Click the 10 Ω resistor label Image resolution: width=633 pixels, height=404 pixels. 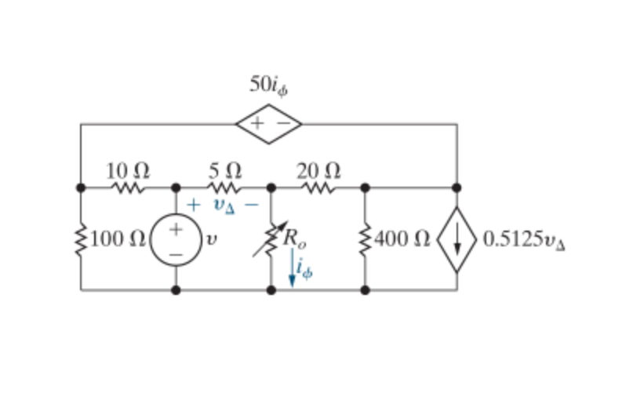tap(128, 171)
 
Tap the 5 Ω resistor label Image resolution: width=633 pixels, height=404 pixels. tap(225, 171)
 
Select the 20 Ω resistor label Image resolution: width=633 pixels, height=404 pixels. tap(318, 171)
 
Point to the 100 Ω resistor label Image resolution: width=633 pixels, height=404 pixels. tap(118, 239)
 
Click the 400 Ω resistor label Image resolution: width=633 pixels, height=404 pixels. tap(402, 239)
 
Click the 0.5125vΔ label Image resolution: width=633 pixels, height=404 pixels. tap(524, 240)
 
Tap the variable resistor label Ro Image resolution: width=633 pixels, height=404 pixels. tap(295, 239)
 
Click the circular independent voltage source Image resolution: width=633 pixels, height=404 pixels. tap(176, 240)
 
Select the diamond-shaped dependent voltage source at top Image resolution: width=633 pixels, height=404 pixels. tap(269, 124)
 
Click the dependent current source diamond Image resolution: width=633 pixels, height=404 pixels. tap(457, 240)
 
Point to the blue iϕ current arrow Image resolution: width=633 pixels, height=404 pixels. tap(292, 268)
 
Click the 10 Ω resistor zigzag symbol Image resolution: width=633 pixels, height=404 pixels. tap(128, 187)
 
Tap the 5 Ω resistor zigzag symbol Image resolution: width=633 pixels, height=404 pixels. tap(224, 187)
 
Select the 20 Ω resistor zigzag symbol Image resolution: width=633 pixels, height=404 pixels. tap(318, 187)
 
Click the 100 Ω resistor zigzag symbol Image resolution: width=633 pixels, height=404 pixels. tap(81, 240)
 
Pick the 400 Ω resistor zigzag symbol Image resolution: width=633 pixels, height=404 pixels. tap(365, 240)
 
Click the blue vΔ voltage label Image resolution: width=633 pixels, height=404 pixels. tap(224, 206)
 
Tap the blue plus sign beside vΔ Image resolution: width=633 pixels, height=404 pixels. tap(194, 205)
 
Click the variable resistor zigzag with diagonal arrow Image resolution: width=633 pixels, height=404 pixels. tap(271, 239)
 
